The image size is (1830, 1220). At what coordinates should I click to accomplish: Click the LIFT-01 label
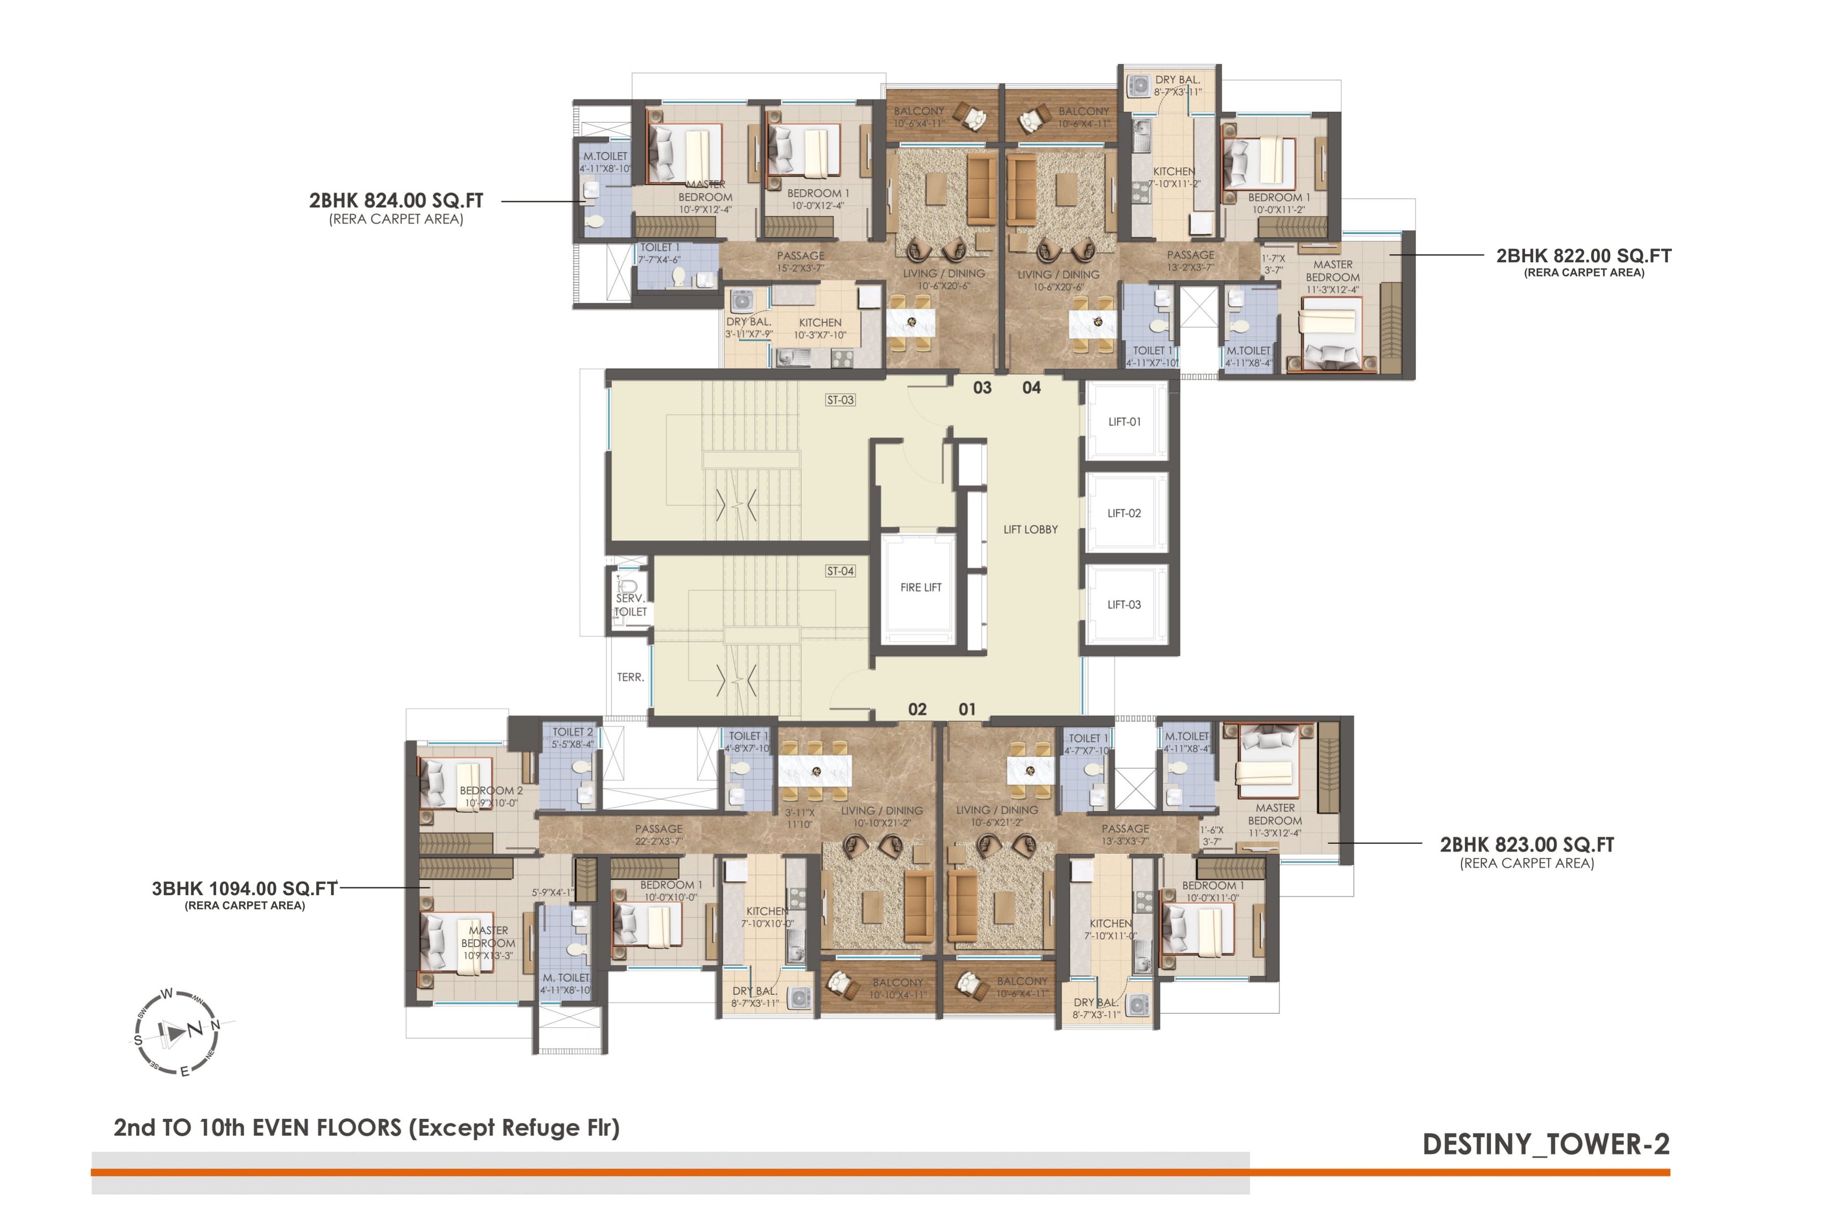(x=1125, y=422)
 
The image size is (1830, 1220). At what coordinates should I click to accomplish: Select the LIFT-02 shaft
(x=1125, y=513)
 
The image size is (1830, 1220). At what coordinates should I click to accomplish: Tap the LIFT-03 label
(x=1125, y=604)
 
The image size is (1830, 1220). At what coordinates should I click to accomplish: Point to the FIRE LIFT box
(x=921, y=587)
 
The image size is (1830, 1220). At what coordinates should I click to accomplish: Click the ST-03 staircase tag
(x=840, y=400)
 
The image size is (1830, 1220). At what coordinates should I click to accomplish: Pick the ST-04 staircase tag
(x=840, y=571)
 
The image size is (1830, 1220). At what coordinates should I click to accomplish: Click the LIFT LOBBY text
(x=1030, y=529)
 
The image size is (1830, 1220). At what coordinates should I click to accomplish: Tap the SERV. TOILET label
(x=630, y=604)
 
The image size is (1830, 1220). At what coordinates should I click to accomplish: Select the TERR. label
(x=630, y=677)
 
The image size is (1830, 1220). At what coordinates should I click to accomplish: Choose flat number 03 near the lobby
(x=982, y=387)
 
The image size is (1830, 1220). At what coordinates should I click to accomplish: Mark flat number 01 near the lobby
(x=967, y=709)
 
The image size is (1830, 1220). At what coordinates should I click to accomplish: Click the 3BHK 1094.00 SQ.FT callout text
(x=245, y=888)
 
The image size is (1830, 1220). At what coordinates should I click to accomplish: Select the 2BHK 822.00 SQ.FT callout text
(x=1583, y=256)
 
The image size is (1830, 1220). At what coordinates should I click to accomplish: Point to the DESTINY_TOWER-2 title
(x=1545, y=1144)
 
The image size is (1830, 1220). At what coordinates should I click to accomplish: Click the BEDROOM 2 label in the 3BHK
(x=491, y=791)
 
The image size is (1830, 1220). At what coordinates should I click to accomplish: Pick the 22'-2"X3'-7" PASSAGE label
(x=658, y=835)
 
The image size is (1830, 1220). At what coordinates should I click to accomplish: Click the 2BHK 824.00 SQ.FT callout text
(x=396, y=201)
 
